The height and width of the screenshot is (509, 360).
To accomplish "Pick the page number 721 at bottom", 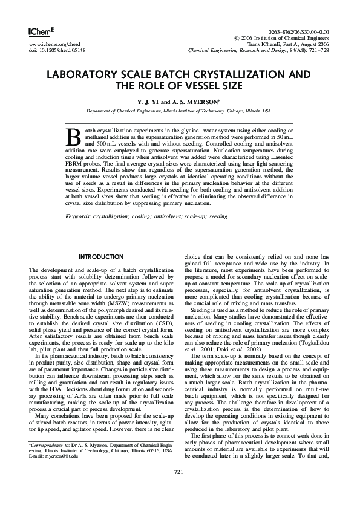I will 179,488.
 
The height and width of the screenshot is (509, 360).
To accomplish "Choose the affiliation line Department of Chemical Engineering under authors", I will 179,112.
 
